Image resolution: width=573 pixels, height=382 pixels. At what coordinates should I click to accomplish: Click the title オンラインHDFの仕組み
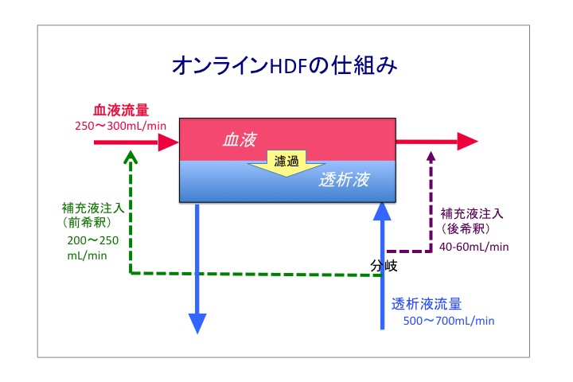tap(285, 66)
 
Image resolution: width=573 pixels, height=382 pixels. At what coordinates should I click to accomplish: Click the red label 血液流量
tap(121, 110)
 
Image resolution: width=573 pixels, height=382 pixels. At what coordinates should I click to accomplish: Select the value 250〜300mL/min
tap(121, 126)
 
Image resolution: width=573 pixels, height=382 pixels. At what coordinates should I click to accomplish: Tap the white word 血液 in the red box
tap(240, 139)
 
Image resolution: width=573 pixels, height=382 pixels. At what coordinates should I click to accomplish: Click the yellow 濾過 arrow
tap(286, 163)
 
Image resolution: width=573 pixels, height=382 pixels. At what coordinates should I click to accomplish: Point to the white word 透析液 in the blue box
tap(345, 180)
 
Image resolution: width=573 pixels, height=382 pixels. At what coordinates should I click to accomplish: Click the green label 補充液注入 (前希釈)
tap(93, 215)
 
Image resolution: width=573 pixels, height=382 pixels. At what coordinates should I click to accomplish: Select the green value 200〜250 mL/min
tap(93, 248)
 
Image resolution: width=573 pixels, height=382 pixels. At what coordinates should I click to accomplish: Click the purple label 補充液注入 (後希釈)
tap(471, 220)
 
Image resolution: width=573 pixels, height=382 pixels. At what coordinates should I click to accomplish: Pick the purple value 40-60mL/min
tap(474, 248)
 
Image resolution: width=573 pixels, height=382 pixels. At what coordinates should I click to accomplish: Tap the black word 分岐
tap(384, 266)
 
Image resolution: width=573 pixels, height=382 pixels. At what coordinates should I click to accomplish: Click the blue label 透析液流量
tap(427, 304)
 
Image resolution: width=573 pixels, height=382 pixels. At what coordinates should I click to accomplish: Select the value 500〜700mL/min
tap(449, 321)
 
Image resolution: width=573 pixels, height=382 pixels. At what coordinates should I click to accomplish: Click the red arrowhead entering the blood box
tap(168, 142)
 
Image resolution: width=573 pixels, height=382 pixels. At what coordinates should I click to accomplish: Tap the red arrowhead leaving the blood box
tap(468, 142)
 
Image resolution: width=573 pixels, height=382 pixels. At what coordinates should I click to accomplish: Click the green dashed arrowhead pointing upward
tap(131, 158)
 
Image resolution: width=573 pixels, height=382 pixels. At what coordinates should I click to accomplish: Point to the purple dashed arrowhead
tap(431, 157)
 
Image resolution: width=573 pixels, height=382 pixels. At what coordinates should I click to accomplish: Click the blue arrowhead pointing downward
tap(197, 324)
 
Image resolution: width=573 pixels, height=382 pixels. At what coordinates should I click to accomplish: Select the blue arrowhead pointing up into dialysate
tap(382, 212)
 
